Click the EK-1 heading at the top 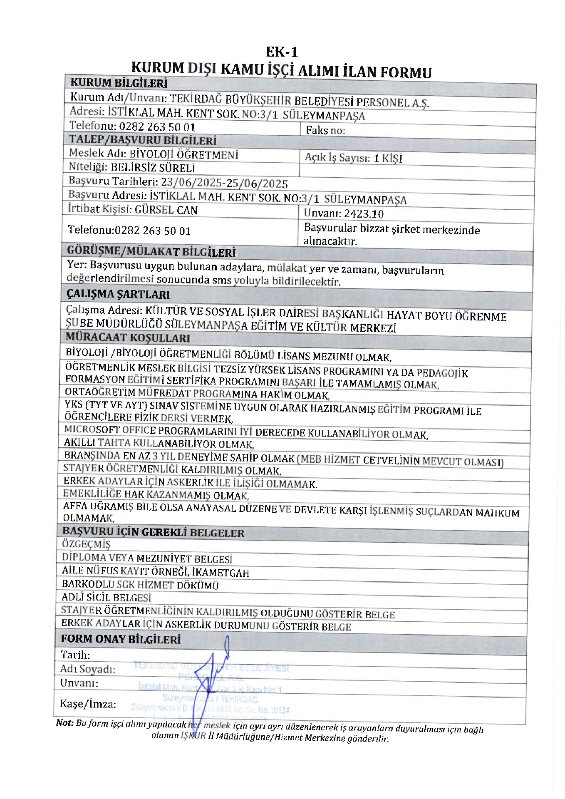[x=282, y=52]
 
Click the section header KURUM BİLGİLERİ [x=119, y=83]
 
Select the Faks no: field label [x=325, y=130]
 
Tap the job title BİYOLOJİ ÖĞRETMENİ [x=183, y=154]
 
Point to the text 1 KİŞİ [x=388, y=158]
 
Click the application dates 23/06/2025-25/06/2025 [x=224, y=183]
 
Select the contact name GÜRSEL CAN [x=166, y=210]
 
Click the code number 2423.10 [x=364, y=214]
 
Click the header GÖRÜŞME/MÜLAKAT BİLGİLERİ [x=151, y=251]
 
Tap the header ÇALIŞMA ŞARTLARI [x=118, y=294]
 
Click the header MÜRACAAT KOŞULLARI [x=128, y=337]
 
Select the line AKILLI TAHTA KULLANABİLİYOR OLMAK [x=159, y=444]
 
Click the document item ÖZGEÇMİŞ [x=86, y=544]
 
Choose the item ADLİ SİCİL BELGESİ [x=106, y=598]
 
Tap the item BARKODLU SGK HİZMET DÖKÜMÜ [x=140, y=585]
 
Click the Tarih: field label [x=75, y=655]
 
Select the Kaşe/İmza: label [x=88, y=704]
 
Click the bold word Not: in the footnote [x=64, y=723]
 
